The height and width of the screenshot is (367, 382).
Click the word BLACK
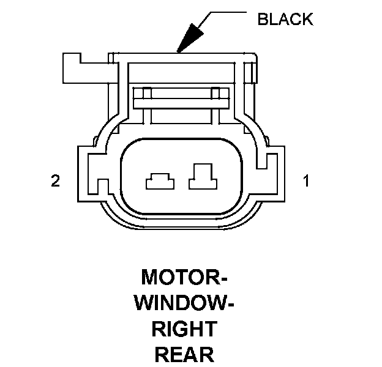[285, 19]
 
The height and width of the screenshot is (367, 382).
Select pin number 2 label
[55, 180]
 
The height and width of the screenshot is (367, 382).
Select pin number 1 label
[306, 180]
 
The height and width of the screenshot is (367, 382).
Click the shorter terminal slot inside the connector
[160, 181]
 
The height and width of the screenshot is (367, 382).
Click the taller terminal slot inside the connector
[203, 176]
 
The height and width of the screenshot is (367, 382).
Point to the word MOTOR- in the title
[184, 277]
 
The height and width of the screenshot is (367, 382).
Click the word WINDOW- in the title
[184, 303]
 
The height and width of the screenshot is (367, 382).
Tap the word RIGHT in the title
[184, 328]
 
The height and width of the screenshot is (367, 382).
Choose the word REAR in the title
[184, 354]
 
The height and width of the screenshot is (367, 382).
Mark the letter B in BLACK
[263, 19]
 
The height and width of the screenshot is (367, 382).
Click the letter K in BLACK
[308, 19]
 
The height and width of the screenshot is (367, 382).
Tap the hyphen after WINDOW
[230, 304]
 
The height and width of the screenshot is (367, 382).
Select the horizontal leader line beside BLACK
[228, 12]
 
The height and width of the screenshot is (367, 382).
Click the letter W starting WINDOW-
[145, 303]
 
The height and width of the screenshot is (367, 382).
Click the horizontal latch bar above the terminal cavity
[181, 98]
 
